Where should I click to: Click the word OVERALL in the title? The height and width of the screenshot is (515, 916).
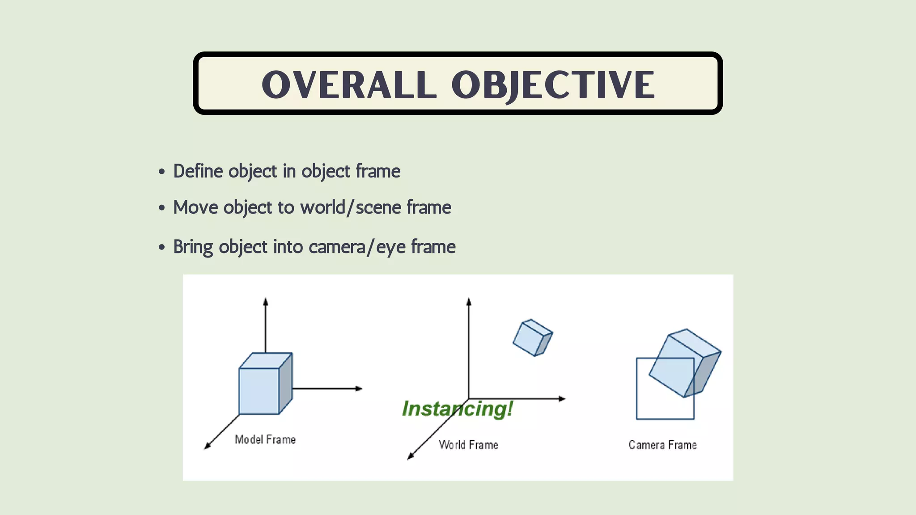point(349,85)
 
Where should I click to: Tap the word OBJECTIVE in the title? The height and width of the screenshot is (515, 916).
point(553,85)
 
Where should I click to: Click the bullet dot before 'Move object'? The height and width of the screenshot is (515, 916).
point(162,208)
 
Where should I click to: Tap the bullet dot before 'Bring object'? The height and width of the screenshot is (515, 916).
point(162,247)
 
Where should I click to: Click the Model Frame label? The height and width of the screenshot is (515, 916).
point(265,440)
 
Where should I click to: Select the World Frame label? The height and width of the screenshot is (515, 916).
point(468,445)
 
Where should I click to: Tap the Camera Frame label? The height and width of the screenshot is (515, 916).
point(662,445)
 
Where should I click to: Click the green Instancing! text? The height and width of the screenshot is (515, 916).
point(457,409)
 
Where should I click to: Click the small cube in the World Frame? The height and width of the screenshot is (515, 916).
point(532,338)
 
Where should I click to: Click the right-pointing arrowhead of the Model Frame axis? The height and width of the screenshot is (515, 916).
point(359,388)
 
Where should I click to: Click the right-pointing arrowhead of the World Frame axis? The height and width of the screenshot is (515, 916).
point(563,399)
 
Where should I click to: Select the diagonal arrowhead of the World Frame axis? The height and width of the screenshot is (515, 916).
point(410,457)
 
